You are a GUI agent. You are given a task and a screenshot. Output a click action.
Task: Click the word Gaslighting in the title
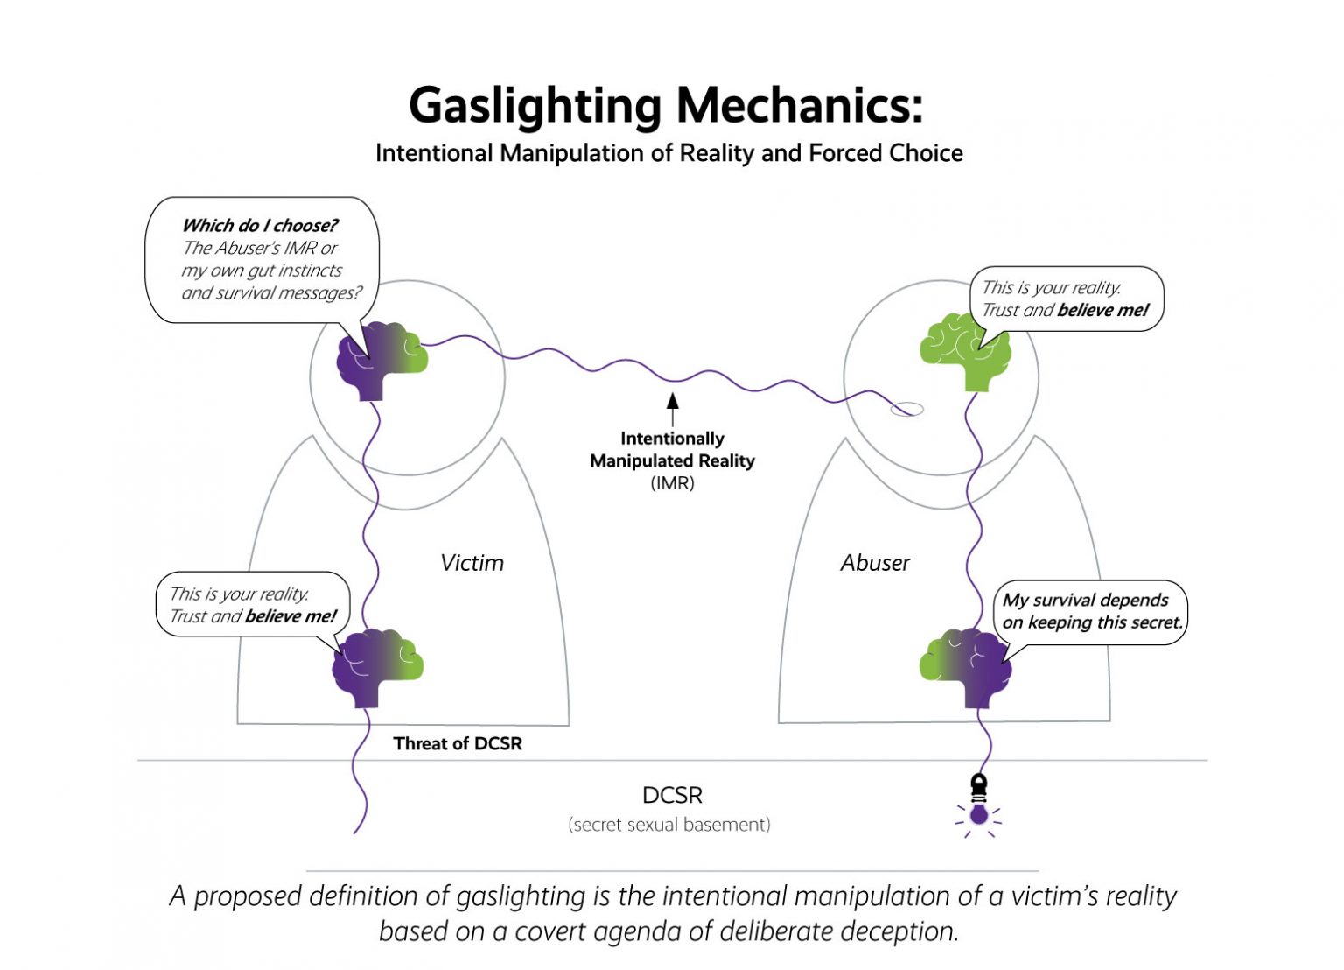click(535, 106)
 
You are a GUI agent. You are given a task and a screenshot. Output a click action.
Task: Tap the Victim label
click(472, 563)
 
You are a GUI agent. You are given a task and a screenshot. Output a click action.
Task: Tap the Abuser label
click(875, 563)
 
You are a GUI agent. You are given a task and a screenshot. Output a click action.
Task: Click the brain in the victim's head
click(382, 358)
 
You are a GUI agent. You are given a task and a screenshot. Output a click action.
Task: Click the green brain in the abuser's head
click(965, 351)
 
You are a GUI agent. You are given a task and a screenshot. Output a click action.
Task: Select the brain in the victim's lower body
click(377, 666)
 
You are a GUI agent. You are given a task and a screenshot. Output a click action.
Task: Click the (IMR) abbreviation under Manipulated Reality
click(672, 483)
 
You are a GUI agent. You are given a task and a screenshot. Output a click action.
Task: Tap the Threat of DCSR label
click(458, 743)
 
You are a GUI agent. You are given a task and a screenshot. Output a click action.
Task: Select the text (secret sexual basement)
click(669, 825)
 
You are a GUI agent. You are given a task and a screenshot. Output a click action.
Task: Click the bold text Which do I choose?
click(259, 226)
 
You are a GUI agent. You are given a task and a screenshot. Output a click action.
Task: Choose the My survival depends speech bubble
click(1090, 612)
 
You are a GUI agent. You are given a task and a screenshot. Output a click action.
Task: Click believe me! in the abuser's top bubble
click(1102, 310)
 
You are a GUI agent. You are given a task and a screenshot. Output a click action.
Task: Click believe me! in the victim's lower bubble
click(290, 616)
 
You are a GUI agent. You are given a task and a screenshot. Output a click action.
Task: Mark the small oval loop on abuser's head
click(906, 409)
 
